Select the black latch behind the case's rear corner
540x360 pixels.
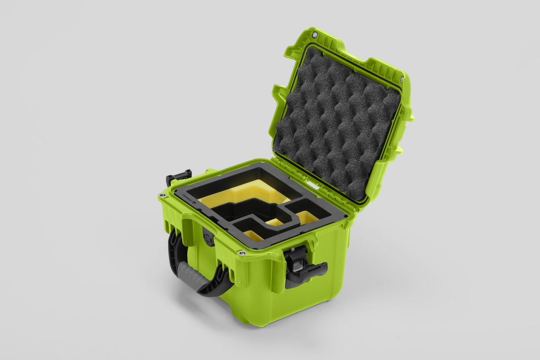tap(178, 177)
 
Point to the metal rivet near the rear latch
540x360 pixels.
tap(162, 195)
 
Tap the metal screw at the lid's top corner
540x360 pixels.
tap(314, 35)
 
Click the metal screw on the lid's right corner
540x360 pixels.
tap(402, 79)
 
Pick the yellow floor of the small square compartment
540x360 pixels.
tap(307, 217)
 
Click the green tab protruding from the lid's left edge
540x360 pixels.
tap(278, 93)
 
